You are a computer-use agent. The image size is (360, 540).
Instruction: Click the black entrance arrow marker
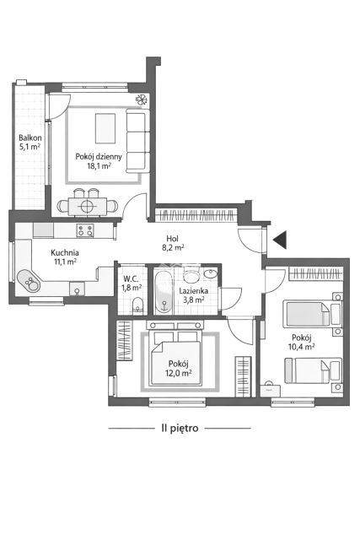tap(281, 240)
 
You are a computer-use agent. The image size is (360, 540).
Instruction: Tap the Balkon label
tap(30, 138)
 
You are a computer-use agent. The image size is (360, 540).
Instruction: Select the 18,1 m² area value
tap(99, 165)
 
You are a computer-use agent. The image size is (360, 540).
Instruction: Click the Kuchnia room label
tap(65, 253)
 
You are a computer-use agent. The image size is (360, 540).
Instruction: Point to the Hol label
tap(172, 238)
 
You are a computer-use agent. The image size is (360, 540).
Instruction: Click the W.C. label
tap(131, 278)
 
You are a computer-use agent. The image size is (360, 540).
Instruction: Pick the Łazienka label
tap(193, 291)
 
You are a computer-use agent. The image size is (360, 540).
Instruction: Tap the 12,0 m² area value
tap(180, 373)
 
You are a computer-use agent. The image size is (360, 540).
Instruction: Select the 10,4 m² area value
tap(302, 347)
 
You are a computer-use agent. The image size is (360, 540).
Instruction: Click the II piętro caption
tap(180, 428)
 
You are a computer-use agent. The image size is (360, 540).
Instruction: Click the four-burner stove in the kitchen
tap(85, 230)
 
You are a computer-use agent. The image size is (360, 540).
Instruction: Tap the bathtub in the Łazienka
tap(163, 292)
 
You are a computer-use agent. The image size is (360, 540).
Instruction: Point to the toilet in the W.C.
tap(137, 305)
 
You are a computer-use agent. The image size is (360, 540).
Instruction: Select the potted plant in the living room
tap(142, 100)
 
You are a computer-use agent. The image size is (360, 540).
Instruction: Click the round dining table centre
tap(87, 206)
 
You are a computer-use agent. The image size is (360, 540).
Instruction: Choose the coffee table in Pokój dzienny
tap(105, 128)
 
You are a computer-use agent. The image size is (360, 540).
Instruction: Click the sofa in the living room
tap(137, 140)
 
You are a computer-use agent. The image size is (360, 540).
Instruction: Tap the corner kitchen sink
tap(28, 280)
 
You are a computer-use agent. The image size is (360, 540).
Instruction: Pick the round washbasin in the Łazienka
tap(210, 273)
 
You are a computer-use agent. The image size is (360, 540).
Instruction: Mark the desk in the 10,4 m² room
tap(270, 390)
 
